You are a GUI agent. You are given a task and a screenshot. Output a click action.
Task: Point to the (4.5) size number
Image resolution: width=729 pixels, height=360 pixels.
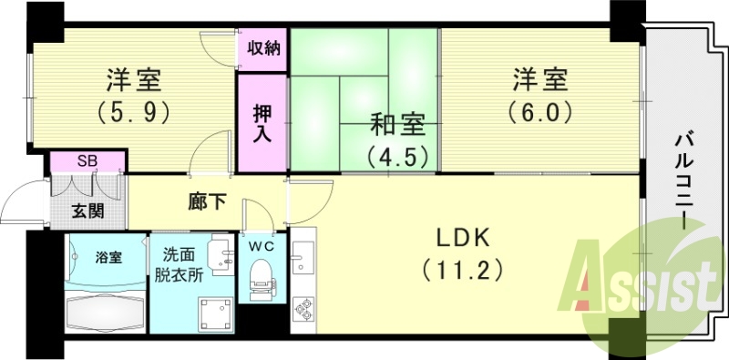[x=397, y=156]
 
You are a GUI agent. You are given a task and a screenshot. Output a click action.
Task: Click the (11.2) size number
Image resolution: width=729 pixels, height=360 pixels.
[x=462, y=271]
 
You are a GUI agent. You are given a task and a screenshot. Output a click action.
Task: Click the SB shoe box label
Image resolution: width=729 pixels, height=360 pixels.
[x=87, y=161]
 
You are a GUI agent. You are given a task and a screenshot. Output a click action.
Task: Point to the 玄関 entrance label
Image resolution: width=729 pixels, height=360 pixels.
[x=88, y=213]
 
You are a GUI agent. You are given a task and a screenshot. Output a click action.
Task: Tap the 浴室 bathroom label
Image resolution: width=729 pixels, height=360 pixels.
[x=108, y=257]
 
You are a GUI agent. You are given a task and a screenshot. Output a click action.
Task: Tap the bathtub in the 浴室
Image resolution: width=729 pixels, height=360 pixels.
[x=107, y=311]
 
